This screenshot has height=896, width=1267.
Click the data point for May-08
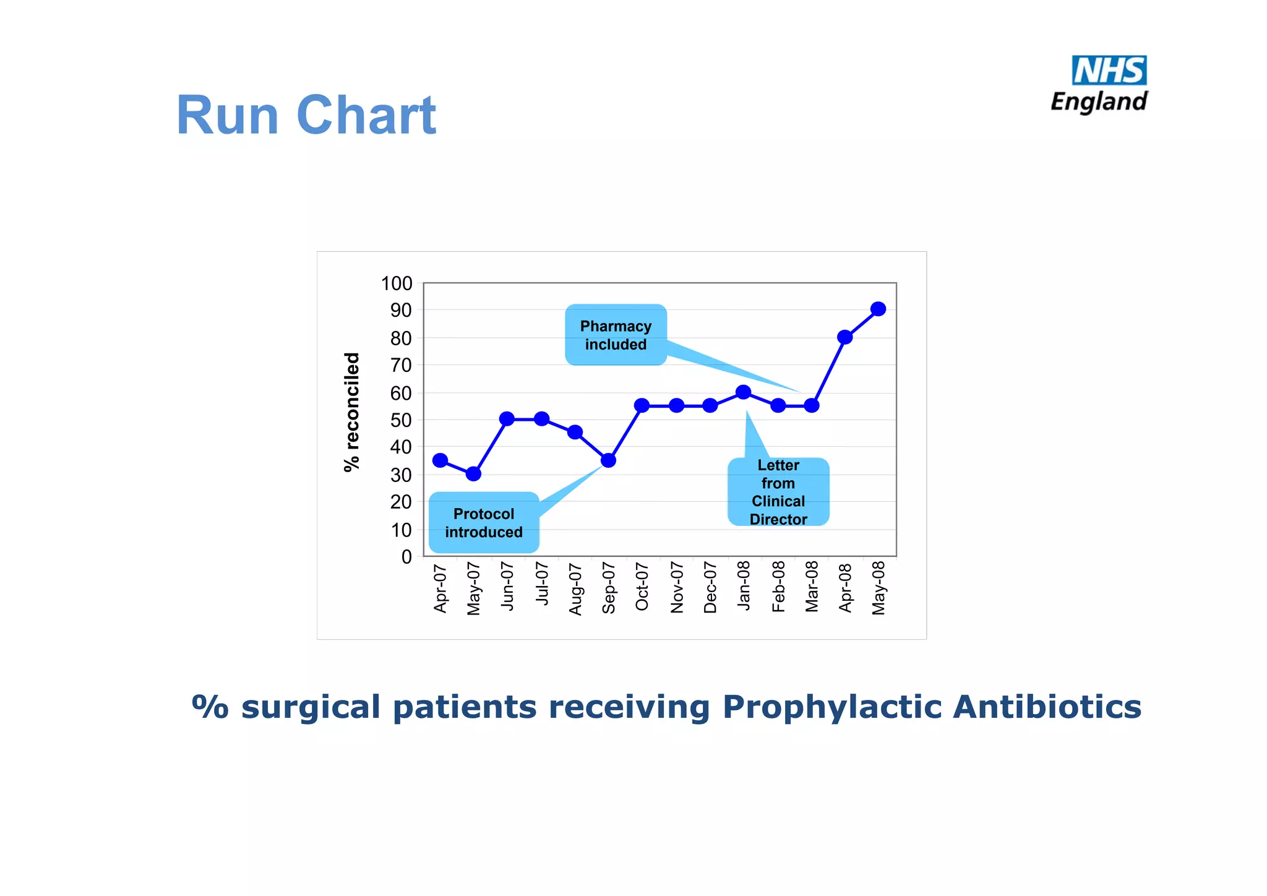(878, 309)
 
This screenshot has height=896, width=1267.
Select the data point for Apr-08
(844, 337)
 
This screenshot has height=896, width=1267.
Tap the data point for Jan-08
(744, 392)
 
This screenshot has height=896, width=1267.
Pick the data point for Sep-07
(608, 460)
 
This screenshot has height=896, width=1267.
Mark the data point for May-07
(473, 474)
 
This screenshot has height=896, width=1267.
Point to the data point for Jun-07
(507, 419)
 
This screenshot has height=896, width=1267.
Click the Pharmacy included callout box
(616, 335)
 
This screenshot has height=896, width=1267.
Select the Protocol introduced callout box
(484, 523)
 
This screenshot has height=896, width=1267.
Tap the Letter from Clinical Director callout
(778, 492)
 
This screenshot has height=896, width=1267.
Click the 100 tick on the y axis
(397, 283)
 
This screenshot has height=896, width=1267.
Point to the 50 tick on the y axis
(400, 420)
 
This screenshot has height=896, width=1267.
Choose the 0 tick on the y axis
(406, 557)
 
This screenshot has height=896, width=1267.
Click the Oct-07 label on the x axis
(642, 587)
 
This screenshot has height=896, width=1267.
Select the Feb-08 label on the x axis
(778, 587)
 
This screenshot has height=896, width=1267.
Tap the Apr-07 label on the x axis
(440, 588)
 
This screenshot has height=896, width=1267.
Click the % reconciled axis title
(351, 412)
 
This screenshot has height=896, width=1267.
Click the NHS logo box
(1109, 71)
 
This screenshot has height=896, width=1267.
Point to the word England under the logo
(1099, 101)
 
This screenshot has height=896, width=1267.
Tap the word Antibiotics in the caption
(1047, 707)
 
